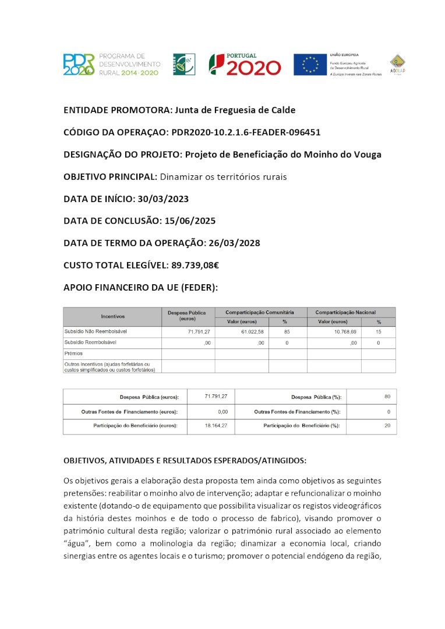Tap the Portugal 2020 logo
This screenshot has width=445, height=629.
(x=245, y=64)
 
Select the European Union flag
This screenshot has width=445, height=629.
(x=310, y=65)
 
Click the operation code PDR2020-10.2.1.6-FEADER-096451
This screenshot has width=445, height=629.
(x=246, y=132)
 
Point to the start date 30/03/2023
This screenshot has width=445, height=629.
(x=163, y=199)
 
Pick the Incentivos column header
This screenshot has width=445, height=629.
(x=112, y=316)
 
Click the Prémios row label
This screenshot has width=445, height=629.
(x=73, y=354)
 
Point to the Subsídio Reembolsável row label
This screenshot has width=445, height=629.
(x=90, y=342)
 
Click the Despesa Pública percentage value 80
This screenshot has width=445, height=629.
(x=387, y=397)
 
